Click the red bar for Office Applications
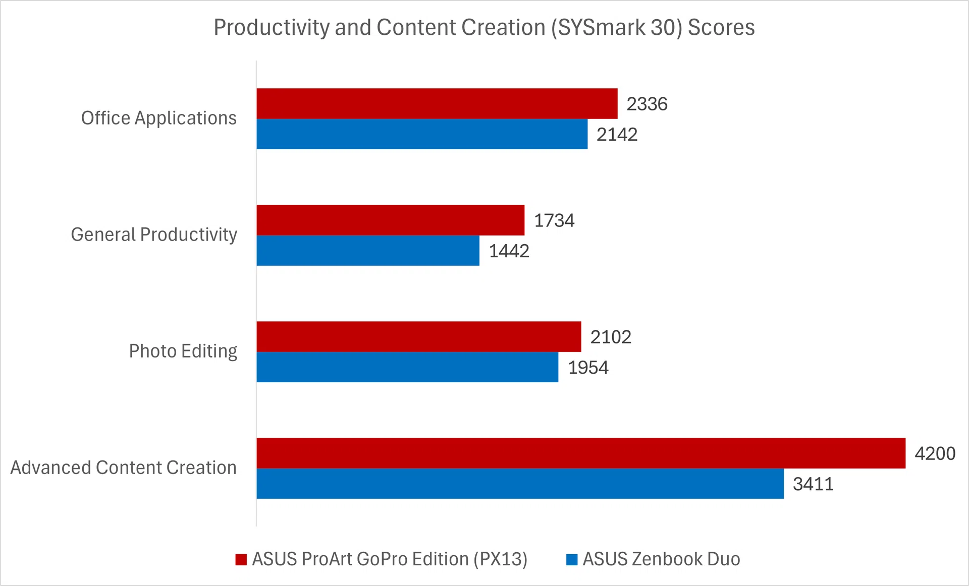437,104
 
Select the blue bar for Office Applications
422,134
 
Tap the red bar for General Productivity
390,220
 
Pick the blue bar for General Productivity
367,251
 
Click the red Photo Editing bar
418,337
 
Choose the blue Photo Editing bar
407,367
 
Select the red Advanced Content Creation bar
580,453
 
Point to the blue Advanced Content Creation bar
520,484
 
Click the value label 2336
647,104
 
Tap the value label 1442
509,251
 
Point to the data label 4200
935,453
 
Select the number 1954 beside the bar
588,367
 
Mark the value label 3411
813,484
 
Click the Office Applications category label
158,118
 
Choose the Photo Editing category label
183,351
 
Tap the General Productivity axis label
153,235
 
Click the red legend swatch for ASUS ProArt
241,559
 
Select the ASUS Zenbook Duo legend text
661,559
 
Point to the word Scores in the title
721,27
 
